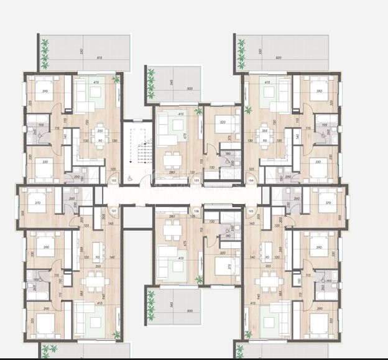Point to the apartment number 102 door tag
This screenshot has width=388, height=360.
click(113, 180)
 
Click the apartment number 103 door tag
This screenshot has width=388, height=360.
click(196, 180)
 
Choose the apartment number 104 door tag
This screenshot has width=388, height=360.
click(251, 180)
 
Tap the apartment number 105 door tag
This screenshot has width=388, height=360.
click(251, 211)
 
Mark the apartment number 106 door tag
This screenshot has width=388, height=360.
click(196, 211)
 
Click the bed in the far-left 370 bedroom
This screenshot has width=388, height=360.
click(38, 205)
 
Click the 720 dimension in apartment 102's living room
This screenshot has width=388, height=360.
click(87, 122)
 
